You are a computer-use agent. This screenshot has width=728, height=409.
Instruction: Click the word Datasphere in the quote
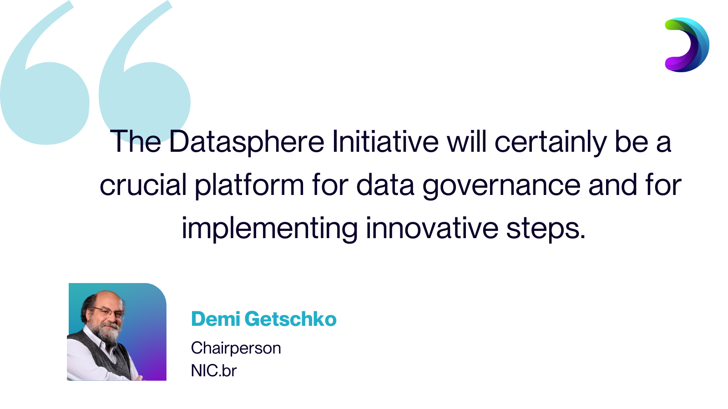click(x=247, y=141)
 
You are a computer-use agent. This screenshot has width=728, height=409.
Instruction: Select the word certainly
click(x=551, y=142)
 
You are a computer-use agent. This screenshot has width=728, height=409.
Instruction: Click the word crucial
click(x=143, y=184)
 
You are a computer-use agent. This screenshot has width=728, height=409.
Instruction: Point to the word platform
click(x=249, y=185)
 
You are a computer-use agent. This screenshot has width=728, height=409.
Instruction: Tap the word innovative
click(x=432, y=228)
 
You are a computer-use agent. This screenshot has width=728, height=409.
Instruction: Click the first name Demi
click(x=216, y=319)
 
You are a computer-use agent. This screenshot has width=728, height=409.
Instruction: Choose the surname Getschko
click(x=291, y=319)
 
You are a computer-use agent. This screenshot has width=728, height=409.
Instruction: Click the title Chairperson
click(x=236, y=348)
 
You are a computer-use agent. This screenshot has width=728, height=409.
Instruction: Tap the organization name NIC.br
click(x=214, y=370)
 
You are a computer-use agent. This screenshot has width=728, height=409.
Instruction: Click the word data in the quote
click(x=385, y=184)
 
